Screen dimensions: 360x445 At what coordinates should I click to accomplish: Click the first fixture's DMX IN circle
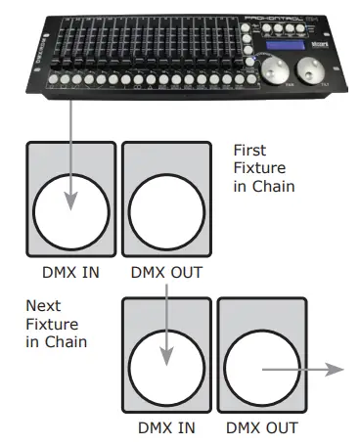click(x=70, y=211)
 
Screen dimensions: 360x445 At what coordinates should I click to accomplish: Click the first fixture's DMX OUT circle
click(x=164, y=211)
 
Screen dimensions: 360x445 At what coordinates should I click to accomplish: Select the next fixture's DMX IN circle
click(x=166, y=363)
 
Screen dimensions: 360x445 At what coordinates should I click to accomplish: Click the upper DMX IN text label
click(x=70, y=272)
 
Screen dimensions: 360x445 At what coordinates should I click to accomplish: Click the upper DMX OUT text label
click(x=164, y=272)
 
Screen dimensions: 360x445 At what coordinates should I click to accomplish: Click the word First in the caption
click(x=251, y=150)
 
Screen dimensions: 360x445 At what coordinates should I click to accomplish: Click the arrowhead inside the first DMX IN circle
click(x=71, y=202)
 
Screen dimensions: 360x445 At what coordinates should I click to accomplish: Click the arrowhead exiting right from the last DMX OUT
click(x=337, y=370)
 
